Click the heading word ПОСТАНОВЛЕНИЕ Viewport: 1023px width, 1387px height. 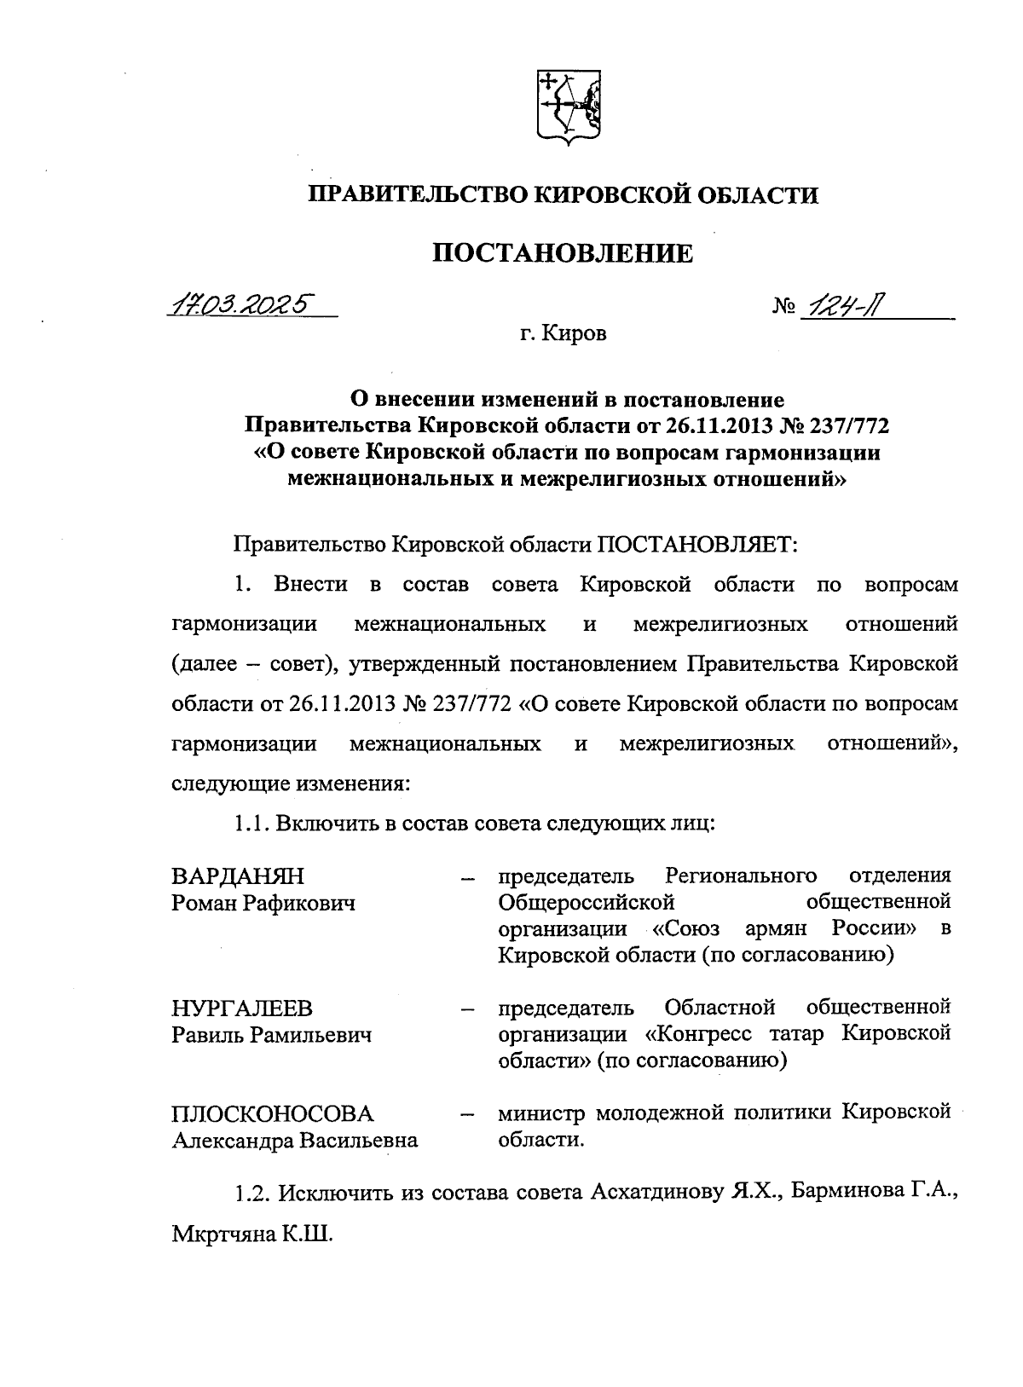563,253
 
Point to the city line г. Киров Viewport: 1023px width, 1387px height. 564,334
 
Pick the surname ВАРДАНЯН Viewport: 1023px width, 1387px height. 238,876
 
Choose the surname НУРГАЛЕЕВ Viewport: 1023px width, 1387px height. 242,1008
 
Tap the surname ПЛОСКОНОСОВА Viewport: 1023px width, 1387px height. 273,1114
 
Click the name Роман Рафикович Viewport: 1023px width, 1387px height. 263,903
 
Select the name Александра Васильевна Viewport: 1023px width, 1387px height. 295,1141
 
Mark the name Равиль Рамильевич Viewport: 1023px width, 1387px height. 272,1035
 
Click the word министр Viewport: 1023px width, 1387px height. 542,1113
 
